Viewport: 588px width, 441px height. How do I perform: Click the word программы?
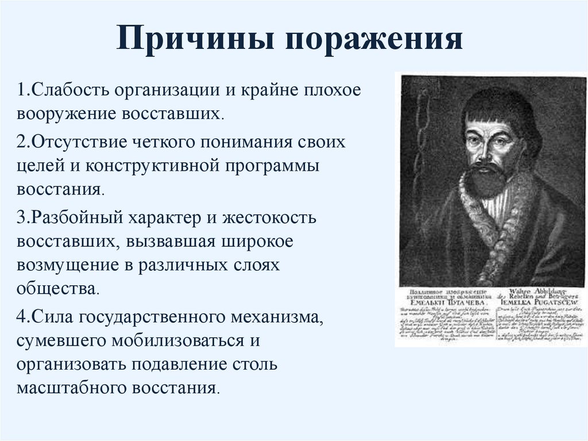[x=269, y=165]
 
